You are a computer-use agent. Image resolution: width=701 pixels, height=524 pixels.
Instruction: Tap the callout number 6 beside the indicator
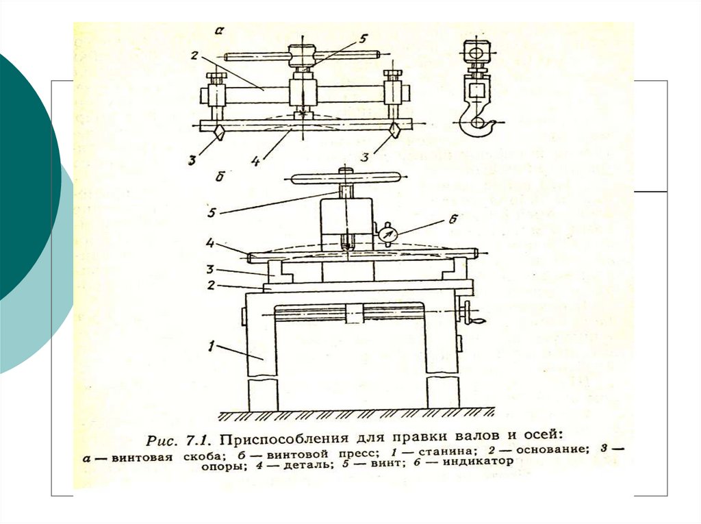point(453,219)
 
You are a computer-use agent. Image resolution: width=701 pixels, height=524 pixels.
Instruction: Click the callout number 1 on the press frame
point(214,347)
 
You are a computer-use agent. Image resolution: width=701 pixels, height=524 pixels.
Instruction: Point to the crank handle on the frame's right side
point(472,316)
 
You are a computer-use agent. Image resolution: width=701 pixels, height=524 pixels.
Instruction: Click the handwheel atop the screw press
point(347,179)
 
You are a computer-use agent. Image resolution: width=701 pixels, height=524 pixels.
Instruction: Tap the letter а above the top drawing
point(220,31)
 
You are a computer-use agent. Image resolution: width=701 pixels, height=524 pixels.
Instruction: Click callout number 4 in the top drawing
point(254,162)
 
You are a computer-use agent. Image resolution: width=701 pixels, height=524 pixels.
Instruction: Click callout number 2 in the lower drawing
point(213,284)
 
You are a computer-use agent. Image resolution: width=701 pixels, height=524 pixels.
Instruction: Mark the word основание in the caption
point(552,450)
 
